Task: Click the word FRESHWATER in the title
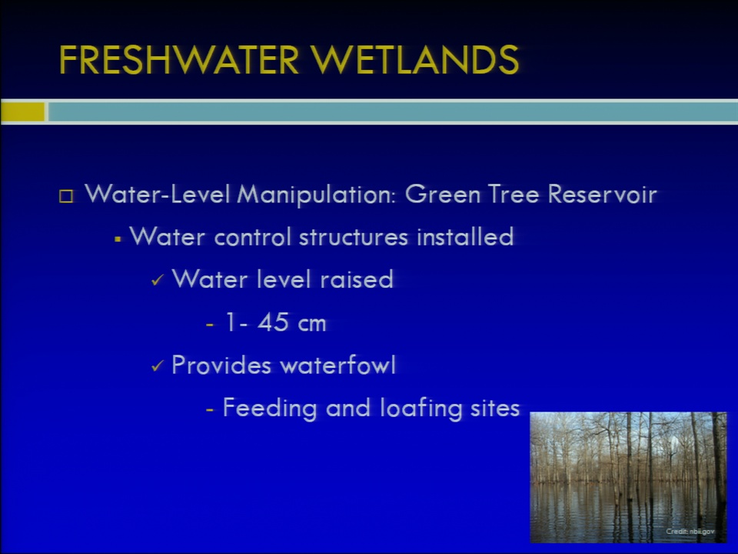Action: tap(179, 60)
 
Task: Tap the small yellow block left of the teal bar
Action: tap(22, 112)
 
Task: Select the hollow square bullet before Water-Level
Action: tap(66, 196)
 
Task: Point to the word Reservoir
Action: tap(602, 194)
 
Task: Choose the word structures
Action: tap(354, 236)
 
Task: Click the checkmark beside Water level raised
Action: tap(157, 281)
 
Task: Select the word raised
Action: tap(356, 279)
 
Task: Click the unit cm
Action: tap(311, 324)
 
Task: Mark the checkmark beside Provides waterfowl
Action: tap(157, 366)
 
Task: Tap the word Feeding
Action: tap(270, 408)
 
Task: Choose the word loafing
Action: tap(421, 408)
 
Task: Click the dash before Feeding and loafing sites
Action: tap(210, 410)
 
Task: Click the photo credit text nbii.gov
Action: tap(702, 532)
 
